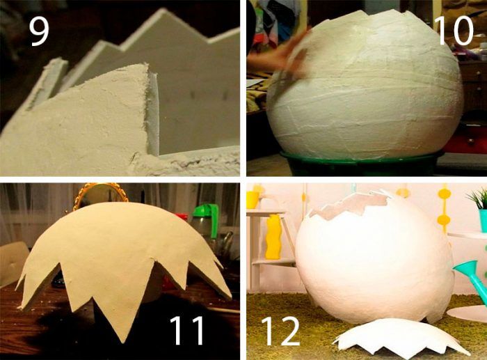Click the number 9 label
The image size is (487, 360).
[39, 31]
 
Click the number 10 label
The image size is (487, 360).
[455, 30]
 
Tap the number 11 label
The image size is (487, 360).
[186, 330]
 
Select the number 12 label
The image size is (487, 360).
[281, 331]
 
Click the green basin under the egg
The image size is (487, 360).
[362, 164]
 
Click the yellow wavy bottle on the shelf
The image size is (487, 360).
[273, 237]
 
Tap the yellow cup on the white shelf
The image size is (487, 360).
[253, 200]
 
